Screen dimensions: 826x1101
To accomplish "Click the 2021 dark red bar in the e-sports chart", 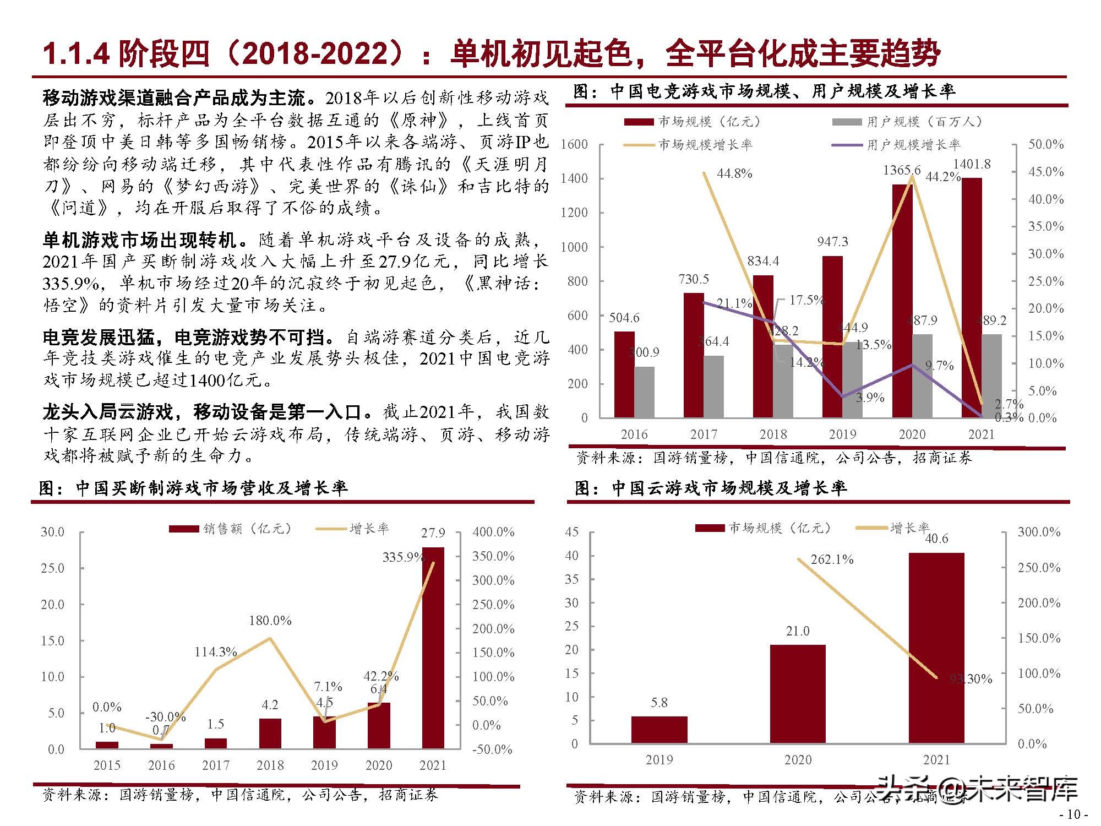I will click(x=972, y=297).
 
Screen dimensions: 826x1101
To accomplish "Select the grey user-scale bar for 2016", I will click(x=644, y=392).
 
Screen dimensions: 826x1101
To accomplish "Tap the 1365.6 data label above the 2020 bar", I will click(x=901, y=170).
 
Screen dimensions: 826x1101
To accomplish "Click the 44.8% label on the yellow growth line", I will click(x=734, y=173).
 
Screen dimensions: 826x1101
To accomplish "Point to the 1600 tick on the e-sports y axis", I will click(x=574, y=144).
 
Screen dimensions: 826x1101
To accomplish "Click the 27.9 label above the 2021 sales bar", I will click(x=433, y=533).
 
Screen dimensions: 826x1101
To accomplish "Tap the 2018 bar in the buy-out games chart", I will click(x=270, y=733).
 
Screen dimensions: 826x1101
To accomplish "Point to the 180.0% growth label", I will click(x=270, y=621).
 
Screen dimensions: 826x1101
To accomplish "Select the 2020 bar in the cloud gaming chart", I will click(x=798, y=694).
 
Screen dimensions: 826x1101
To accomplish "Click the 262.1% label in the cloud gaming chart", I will click(x=832, y=560).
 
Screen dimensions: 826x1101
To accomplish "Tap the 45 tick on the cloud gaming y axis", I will click(x=572, y=532).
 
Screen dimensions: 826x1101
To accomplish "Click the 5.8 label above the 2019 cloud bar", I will click(x=659, y=703).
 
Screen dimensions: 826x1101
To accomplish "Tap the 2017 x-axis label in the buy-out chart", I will click(x=215, y=765).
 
